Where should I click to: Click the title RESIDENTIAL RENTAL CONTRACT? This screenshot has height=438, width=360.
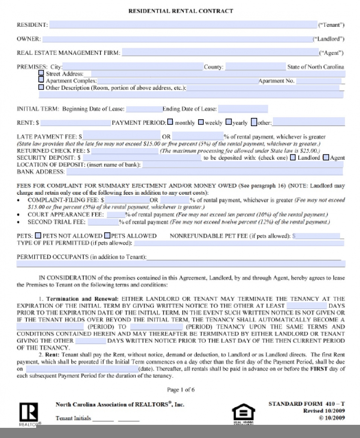[x=181, y=11]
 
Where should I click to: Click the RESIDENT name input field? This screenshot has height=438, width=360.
[x=183, y=25]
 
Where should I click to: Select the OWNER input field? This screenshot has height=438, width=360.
[x=177, y=39]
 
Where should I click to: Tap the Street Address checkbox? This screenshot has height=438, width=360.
[x=41, y=73]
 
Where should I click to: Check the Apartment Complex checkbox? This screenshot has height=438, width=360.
[x=41, y=80]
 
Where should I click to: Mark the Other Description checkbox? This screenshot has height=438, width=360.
[x=41, y=87]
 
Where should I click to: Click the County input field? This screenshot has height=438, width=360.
[x=255, y=67]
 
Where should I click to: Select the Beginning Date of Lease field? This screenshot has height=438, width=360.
[x=144, y=109]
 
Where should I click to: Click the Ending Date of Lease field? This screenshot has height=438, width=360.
[x=243, y=109]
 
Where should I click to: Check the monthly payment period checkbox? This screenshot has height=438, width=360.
[x=170, y=122]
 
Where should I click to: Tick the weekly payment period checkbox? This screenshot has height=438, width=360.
[x=201, y=122]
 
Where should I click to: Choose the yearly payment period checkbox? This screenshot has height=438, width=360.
[x=229, y=122]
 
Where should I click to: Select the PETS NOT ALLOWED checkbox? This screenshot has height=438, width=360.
[x=38, y=235]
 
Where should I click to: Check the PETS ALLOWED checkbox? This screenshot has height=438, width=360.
[x=107, y=235]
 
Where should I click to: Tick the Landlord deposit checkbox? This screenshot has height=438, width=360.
[x=293, y=157]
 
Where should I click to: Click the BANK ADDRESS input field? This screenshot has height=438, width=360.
[x=204, y=172]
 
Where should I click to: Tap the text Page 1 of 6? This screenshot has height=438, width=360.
[x=181, y=390]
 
